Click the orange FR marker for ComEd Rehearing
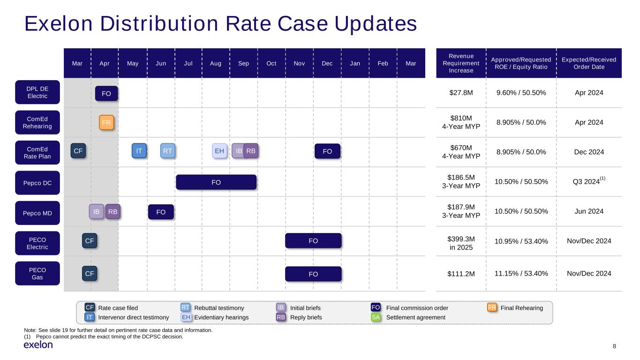[x=106, y=123]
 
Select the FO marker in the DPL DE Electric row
[x=106, y=94]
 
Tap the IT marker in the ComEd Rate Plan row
[x=139, y=151]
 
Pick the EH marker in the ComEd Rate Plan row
[x=219, y=151]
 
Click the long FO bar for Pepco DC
[x=216, y=182]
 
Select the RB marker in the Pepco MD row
[x=113, y=212]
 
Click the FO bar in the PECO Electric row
[x=313, y=241]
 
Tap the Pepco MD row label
[x=38, y=213]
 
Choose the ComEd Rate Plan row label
[x=38, y=152]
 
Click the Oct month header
[x=271, y=63]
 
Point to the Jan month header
[x=355, y=63]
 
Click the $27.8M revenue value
[x=461, y=93]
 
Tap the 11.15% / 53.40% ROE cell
[x=521, y=273]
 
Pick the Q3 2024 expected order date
[x=587, y=182]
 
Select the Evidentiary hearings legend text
[x=221, y=317]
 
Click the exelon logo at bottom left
[x=38, y=345]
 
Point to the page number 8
[x=615, y=346]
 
